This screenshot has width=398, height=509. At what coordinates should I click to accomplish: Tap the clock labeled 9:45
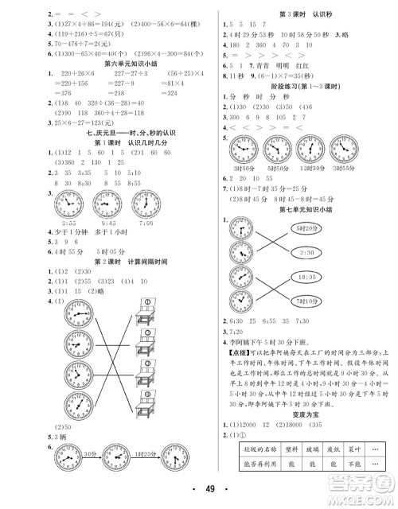[107, 205]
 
